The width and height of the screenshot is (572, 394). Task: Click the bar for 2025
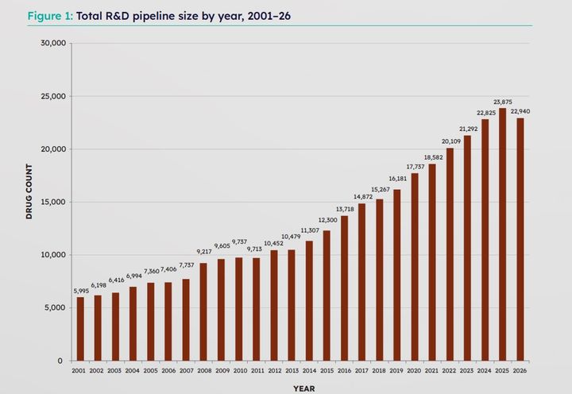502,234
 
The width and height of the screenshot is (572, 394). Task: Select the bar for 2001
79,329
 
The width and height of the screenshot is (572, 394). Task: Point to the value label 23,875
502,102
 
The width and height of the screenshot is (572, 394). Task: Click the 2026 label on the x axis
520,371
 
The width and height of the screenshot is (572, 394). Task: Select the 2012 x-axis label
273,371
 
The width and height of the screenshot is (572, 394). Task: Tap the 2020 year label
414,371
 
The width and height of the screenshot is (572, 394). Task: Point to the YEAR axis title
303,388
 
